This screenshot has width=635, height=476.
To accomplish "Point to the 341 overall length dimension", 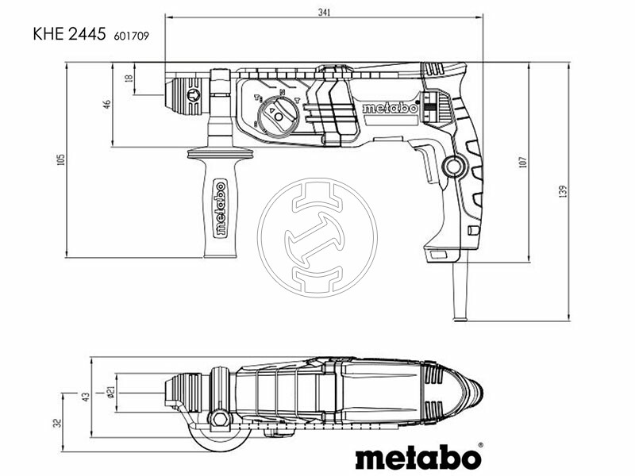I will (x=323, y=13).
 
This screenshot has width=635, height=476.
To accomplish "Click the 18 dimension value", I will (x=129, y=79).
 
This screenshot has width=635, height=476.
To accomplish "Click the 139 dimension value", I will (x=563, y=191).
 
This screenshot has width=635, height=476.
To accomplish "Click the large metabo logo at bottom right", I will (x=418, y=458).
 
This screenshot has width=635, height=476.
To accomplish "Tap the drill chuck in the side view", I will (x=190, y=94).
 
